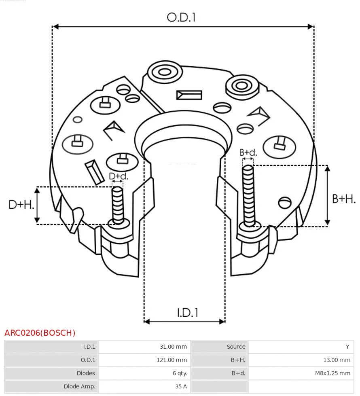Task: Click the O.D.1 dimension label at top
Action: [181, 17]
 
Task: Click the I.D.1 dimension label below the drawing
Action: [188, 312]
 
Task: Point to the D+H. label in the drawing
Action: [21, 205]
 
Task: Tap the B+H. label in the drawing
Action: [344, 199]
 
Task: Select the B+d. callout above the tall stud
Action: [248, 152]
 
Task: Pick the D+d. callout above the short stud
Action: [118, 176]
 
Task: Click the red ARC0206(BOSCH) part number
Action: [40, 333]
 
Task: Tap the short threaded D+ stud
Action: [118, 204]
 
